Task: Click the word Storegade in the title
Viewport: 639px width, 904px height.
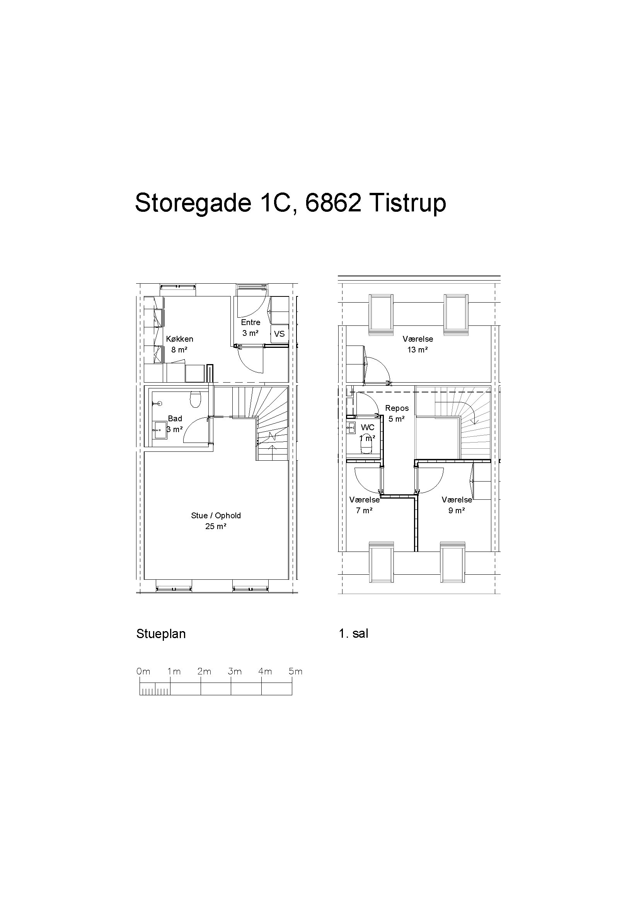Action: click(x=193, y=203)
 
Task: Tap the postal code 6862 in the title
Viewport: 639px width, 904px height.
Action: click(x=333, y=203)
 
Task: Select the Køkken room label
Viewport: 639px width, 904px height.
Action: click(x=179, y=339)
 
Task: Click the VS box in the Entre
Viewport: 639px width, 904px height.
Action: click(x=279, y=334)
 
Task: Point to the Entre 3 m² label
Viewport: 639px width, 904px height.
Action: click(x=250, y=328)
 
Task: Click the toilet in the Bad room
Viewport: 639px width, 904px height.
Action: click(x=195, y=399)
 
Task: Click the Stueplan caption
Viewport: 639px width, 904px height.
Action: click(x=161, y=634)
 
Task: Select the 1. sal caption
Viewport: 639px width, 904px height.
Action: click(x=354, y=633)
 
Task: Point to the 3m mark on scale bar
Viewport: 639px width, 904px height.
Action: click(x=235, y=672)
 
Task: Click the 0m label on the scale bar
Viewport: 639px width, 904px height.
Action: click(x=143, y=672)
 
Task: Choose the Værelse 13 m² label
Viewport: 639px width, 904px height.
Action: click(x=418, y=344)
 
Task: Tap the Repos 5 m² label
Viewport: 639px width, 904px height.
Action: click(x=397, y=414)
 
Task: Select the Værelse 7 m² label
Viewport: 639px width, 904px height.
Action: click(x=365, y=505)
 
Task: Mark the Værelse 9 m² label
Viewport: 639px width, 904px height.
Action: click(x=457, y=505)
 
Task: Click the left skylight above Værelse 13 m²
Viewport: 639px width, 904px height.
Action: click(x=381, y=315)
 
